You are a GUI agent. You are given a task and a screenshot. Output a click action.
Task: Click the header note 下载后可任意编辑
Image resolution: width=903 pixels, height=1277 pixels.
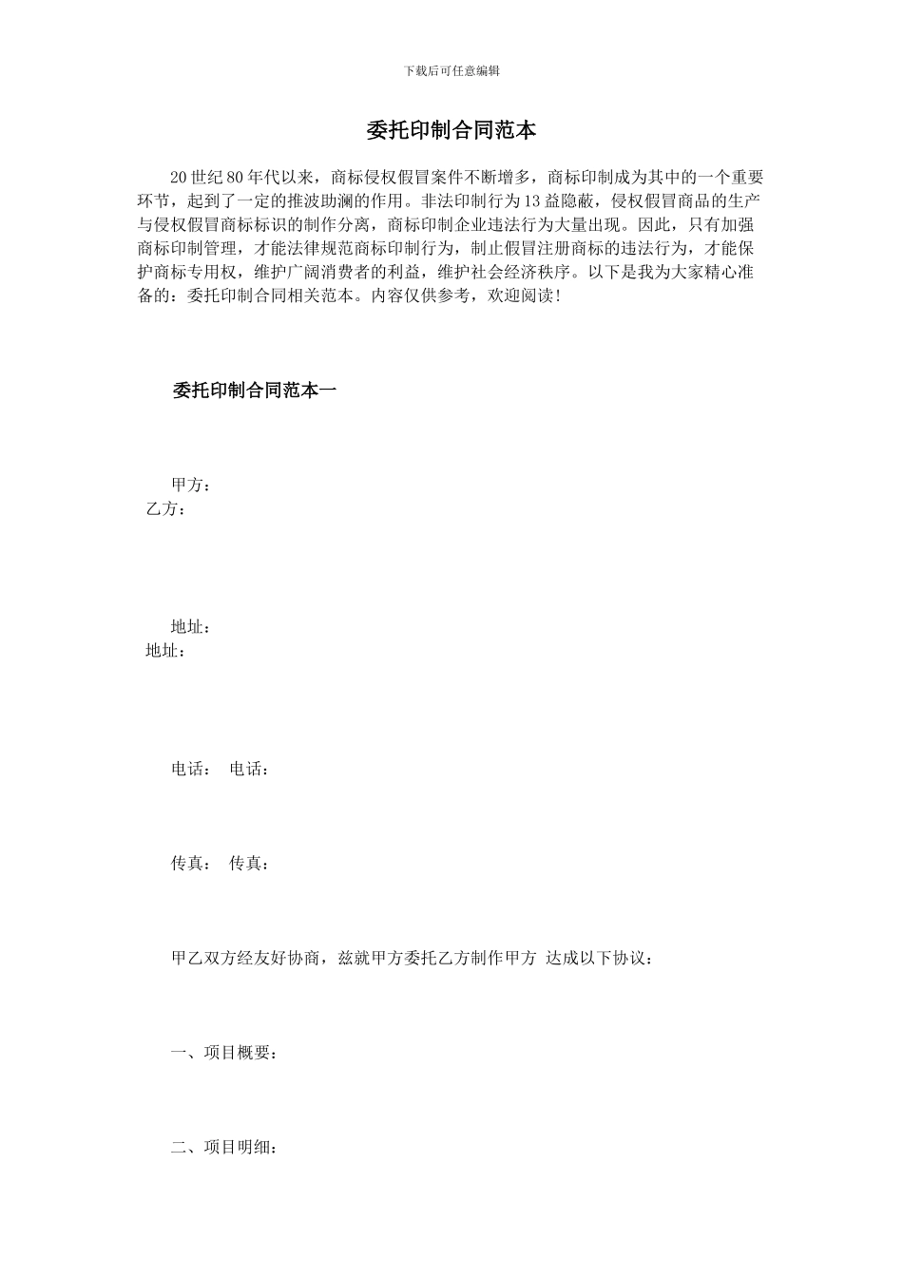451,71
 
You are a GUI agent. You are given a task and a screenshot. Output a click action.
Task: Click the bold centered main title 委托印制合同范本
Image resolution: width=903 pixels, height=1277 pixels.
451,130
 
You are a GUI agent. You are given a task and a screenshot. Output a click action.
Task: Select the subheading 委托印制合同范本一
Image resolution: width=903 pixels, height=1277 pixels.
254,390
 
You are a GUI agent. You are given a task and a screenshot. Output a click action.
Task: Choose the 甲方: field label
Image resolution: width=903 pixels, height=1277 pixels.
190,486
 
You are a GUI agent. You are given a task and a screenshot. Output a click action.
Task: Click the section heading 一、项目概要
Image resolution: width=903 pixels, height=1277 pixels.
224,1054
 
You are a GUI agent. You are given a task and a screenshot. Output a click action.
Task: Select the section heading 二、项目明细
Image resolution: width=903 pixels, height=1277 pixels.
224,1148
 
